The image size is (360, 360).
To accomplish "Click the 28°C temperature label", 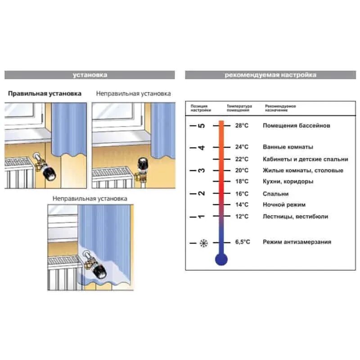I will (242, 126).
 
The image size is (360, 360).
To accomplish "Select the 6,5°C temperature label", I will (242, 242).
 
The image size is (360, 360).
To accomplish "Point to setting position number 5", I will (202, 126).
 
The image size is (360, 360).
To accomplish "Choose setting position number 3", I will (202, 171).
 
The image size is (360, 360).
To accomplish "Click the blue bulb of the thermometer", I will (221, 259).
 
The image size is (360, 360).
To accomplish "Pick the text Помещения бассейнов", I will (296, 126).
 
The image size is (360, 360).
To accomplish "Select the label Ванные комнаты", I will (288, 147).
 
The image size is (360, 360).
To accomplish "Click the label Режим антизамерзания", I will (297, 242).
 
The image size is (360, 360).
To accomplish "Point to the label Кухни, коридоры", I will (288, 182).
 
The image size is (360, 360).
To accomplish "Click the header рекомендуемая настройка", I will (270, 75).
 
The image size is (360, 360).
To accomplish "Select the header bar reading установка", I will (90, 75).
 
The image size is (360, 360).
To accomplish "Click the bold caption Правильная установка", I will (45, 94).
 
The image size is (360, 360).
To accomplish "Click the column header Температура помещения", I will (239, 108).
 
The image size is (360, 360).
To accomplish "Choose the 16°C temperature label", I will (242, 194).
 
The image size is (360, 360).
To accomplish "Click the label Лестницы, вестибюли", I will (295, 217).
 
